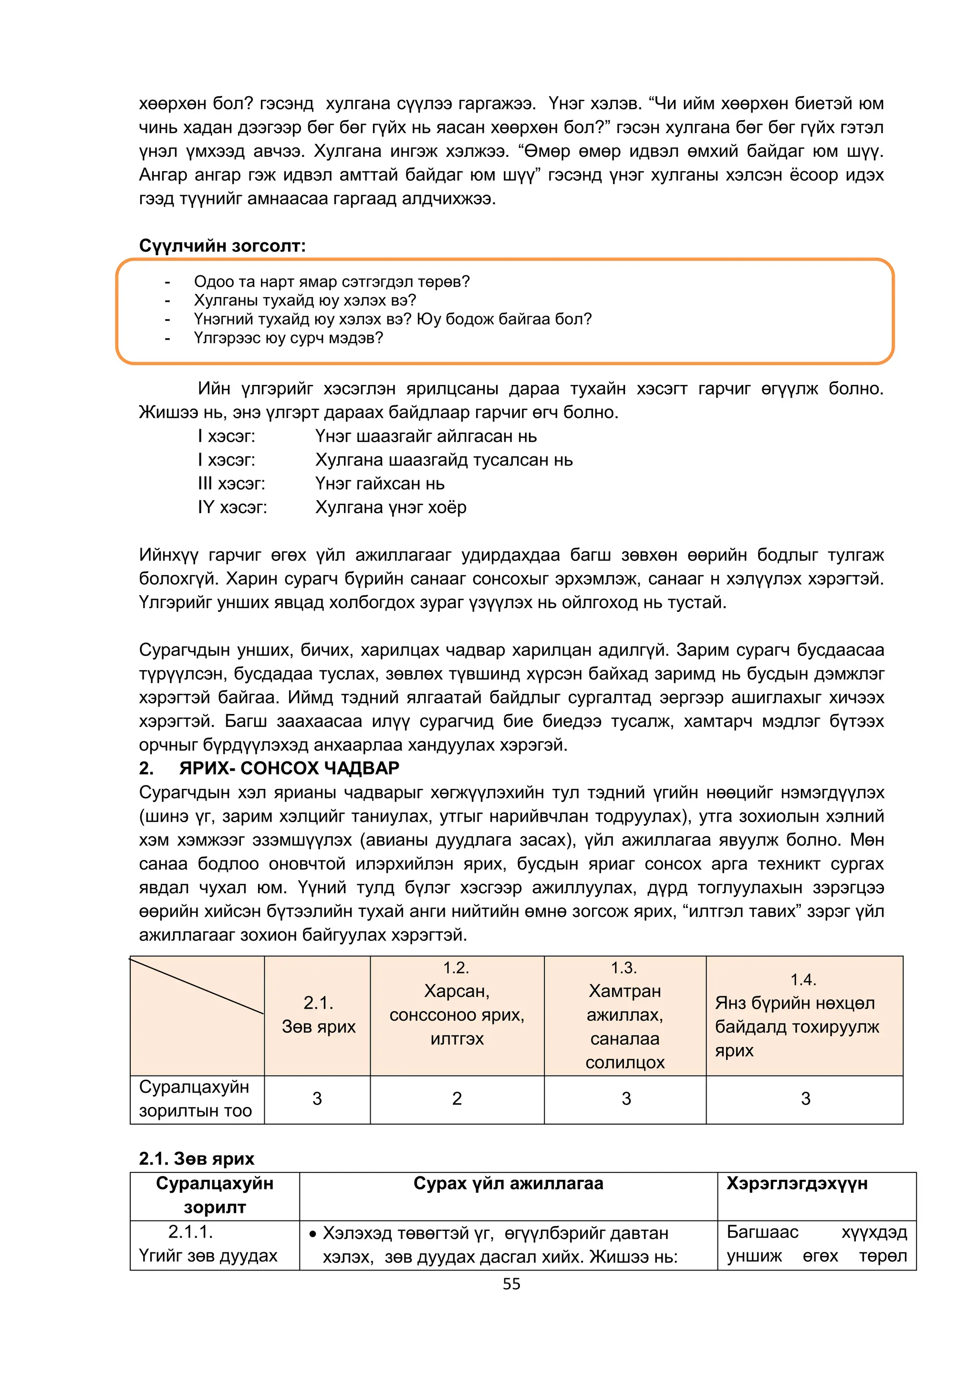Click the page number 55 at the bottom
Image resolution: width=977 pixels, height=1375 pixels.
click(511, 1284)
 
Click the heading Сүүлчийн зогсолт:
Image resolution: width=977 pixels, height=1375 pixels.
click(222, 246)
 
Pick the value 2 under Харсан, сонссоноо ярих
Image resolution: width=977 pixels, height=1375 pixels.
click(457, 1098)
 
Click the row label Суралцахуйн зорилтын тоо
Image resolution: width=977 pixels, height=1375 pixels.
click(195, 1098)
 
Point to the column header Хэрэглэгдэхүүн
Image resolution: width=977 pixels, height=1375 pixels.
click(797, 1183)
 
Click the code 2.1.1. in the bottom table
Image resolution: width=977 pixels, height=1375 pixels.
click(190, 1231)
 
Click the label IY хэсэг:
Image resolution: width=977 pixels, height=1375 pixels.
click(232, 507)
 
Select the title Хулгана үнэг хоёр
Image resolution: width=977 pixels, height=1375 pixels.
click(390, 507)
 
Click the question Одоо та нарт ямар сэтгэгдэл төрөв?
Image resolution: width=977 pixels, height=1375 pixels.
click(332, 281)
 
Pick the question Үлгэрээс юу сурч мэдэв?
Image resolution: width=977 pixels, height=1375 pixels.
click(288, 338)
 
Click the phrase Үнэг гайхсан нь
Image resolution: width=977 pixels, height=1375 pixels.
click(380, 484)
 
